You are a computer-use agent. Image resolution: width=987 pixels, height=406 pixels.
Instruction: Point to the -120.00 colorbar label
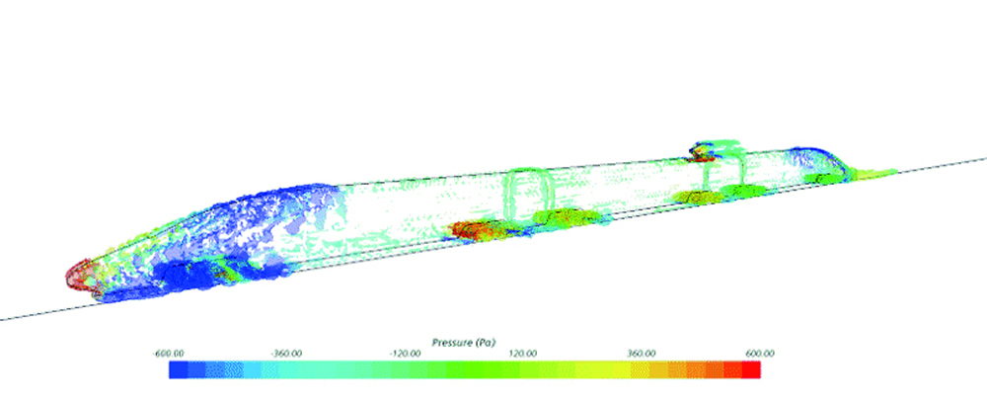[405, 354]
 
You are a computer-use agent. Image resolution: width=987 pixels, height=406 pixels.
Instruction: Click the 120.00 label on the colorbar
[524, 354]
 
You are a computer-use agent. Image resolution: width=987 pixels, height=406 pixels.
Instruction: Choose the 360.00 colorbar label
[643, 354]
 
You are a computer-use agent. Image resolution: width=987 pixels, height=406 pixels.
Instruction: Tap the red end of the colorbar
[751, 369]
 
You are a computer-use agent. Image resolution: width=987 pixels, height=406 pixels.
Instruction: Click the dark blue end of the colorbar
[178, 369]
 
